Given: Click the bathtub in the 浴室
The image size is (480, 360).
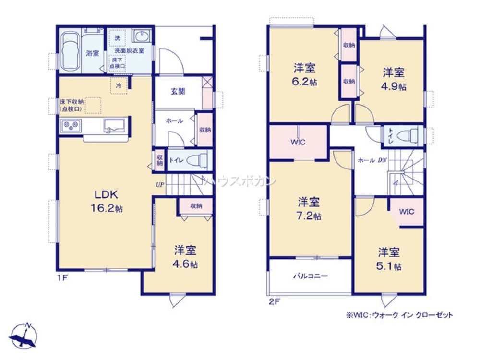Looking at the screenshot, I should [x=71, y=51].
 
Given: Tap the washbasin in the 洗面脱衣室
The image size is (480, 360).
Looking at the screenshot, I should [x=141, y=37].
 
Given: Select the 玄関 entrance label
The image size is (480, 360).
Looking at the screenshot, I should [x=177, y=91].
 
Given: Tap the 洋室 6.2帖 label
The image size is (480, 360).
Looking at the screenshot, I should [x=305, y=74].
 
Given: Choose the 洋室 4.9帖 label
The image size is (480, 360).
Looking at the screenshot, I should [x=394, y=80].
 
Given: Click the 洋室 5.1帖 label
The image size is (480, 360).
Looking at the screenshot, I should [x=389, y=259].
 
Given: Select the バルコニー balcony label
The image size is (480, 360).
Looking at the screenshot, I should [x=311, y=276].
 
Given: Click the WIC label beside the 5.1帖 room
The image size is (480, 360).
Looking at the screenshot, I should [x=406, y=211].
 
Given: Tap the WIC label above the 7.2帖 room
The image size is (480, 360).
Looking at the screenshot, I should [x=298, y=143].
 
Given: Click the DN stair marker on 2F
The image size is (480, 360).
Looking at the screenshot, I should [x=382, y=161].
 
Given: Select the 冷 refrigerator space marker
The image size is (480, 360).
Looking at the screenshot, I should [x=118, y=86].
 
